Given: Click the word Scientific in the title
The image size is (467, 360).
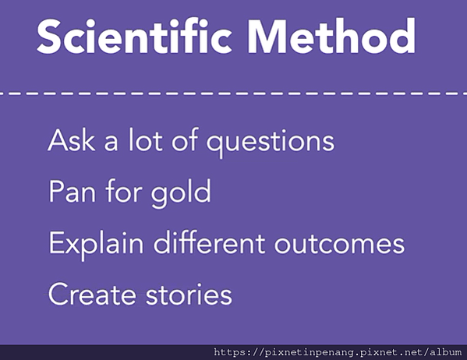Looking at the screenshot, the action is pyautogui.click(x=134, y=37).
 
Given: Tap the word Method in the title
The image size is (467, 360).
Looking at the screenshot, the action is pyautogui.click(x=331, y=37).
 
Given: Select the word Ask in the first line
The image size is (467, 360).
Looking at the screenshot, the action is pyautogui.click(x=72, y=140).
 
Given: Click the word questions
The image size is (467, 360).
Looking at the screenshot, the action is pyautogui.click(x=271, y=143).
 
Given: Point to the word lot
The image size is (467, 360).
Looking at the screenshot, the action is pyautogui.click(x=145, y=140).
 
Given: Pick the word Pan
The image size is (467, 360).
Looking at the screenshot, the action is pyautogui.click(x=72, y=191).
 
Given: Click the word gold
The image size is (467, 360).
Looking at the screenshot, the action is pyautogui.click(x=181, y=193).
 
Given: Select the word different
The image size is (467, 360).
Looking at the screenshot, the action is pyautogui.click(x=209, y=242).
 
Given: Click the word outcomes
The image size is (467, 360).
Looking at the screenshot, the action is pyautogui.click(x=339, y=245).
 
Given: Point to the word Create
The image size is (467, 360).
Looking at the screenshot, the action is pyautogui.click(x=92, y=295).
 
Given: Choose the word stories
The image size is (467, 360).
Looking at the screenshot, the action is pyautogui.click(x=189, y=295).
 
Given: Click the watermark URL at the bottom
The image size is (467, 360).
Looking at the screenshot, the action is pyautogui.click(x=338, y=352).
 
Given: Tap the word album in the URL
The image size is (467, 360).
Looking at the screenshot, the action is pyautogui.click(x=445, y=352).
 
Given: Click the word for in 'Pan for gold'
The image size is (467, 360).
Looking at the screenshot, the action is pyautogui.click(x=123, y=191).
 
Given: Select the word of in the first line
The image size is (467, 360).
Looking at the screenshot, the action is pyautogui.click(x=185, y=140).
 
